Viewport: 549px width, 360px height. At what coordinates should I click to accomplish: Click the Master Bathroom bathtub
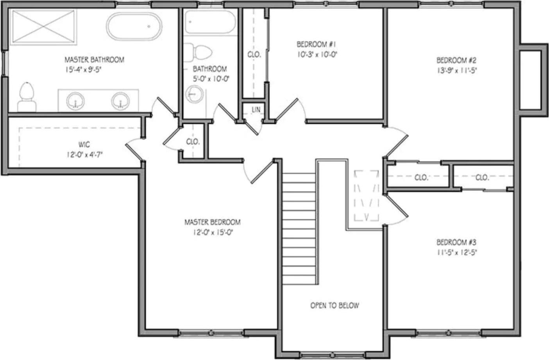134,26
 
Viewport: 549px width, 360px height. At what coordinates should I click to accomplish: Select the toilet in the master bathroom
27,97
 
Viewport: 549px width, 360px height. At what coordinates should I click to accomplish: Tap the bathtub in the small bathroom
209,22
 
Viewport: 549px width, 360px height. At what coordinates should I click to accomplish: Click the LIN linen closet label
256,110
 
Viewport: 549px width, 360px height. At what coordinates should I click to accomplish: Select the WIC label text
84,145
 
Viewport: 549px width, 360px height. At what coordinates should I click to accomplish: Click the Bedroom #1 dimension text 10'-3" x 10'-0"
317,55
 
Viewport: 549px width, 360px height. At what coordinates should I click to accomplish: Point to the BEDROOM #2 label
456,61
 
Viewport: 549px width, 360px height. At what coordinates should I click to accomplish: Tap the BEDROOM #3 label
456,242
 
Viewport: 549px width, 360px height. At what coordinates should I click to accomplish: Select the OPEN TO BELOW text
334,306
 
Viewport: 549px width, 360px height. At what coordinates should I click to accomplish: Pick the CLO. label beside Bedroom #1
254,55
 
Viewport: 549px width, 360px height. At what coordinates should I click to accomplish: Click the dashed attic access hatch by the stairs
367,195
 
